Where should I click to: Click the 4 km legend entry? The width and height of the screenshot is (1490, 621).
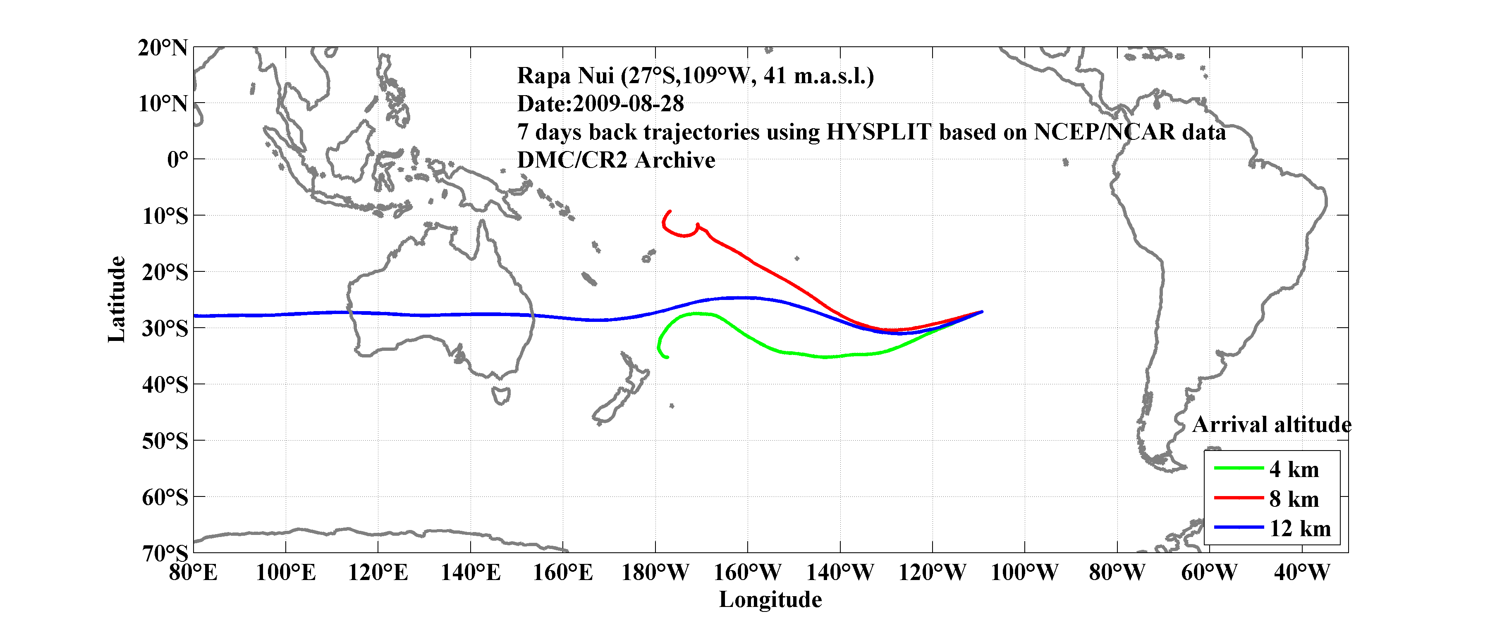tap(1294, 469)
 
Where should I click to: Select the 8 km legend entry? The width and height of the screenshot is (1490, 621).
tap(1294, 499)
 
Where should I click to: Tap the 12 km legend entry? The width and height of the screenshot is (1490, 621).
tap(1300, 528)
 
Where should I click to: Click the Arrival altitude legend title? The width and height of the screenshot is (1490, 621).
tap(1271, 425)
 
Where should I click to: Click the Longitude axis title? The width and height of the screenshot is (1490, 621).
tap(770, 599)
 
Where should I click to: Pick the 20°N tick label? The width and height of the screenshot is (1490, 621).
tap(163, 48)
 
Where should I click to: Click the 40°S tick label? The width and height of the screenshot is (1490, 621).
tap(165, 384)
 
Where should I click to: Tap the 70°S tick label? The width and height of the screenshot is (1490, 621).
tap(165, 553)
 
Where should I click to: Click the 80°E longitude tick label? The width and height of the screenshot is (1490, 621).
tap(193, 573)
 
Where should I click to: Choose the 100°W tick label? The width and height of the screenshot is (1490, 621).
tap(1024, 573)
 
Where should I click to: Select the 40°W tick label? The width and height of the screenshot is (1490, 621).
tap(1301, 573)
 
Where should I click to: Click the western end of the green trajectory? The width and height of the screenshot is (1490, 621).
tap(667, 357)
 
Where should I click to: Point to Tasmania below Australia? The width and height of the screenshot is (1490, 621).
tap(501, 396)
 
